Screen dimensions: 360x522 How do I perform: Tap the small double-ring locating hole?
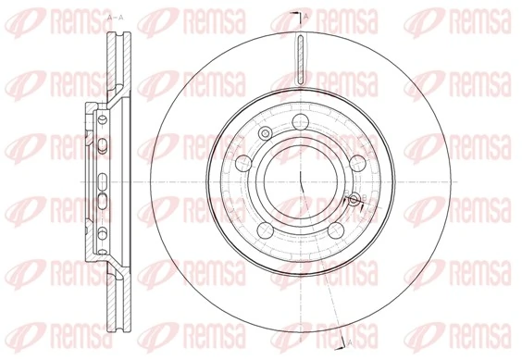pos(266,136)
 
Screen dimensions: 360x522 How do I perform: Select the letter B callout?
pos(362,196)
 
